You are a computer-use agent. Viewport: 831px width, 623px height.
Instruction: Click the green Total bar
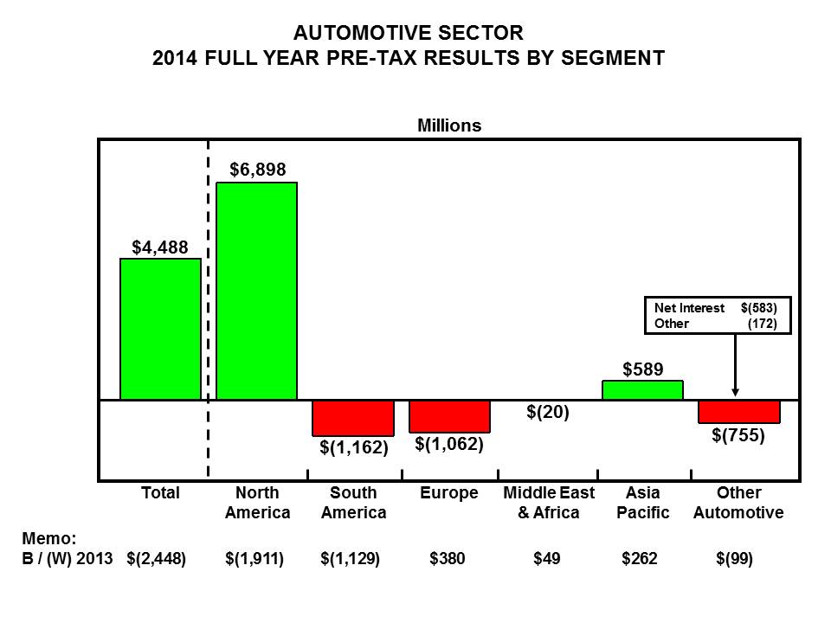point(160,329)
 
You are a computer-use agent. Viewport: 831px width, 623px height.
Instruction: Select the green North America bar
point(256,291)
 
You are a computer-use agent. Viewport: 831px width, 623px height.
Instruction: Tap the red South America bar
point(353,418)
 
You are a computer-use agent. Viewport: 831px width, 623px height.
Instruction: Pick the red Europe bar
point(449,416)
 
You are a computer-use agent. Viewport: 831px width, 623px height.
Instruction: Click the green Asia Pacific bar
point(642,390)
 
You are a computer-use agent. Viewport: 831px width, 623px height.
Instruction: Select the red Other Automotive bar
point(739,412)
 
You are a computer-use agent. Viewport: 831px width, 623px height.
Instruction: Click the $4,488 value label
point(160,247)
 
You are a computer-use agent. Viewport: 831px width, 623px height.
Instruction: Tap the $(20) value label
point(547,413)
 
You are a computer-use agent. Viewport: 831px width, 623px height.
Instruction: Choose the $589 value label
point(643,369)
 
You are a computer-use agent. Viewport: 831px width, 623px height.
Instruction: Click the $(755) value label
point(738,435)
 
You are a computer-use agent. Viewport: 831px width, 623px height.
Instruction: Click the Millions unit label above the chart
point(449,125)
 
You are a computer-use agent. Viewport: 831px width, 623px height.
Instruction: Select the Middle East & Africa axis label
point(549,503)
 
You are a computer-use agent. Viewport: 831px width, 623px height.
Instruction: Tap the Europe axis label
point(449,493)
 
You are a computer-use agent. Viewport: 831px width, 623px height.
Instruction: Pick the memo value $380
point(448,559)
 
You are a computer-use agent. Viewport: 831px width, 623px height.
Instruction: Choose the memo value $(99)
point(735,559)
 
